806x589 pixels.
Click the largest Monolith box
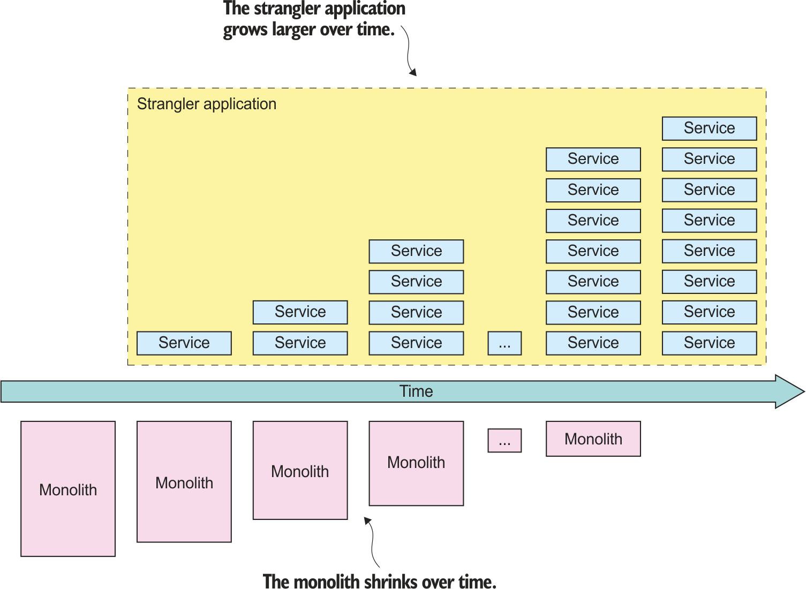(68, 488)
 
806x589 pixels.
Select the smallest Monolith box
(593, 439)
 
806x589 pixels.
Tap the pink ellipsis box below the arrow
(504, 441)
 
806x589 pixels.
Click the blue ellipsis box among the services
(504, 343)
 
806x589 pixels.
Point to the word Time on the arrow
(416, 391)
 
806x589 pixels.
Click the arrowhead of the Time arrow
(790, 392)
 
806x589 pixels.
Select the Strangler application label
(207, 104)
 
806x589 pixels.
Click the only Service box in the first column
(184, 343)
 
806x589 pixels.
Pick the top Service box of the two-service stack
(300, 312)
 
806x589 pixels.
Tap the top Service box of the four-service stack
(416, 251)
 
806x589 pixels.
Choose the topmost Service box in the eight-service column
(709, 129)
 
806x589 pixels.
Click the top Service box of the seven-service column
(593, 159)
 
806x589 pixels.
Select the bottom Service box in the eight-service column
(709, 343)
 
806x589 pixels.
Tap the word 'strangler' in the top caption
(278, 9)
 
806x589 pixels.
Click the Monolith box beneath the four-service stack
(416, 463)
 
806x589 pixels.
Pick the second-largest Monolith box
(184, 481)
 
